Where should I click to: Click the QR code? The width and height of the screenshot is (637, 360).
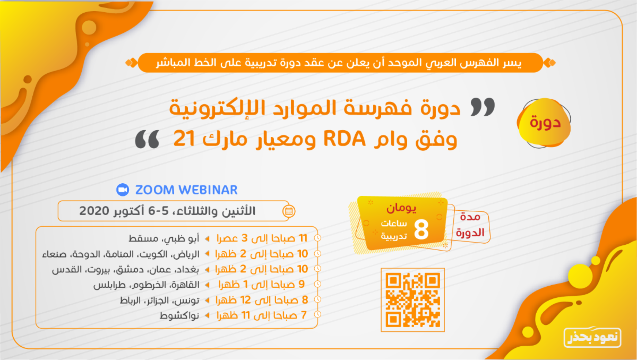pos(412,300)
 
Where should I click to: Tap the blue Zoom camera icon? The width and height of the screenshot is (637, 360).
pos(123,190)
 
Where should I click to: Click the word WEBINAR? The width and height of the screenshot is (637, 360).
pos(209,190)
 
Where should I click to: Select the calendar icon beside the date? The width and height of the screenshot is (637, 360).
pos(289,211)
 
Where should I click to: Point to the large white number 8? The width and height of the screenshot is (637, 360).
pos(421,229)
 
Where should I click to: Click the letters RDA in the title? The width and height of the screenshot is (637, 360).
pos(345,139)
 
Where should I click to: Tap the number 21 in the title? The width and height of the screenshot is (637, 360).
pos(184,139)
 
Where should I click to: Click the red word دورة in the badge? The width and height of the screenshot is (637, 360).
pos(545,123)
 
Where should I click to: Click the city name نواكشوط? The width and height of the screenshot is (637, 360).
pos(179,315)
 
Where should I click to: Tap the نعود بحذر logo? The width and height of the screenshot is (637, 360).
pos(592,337)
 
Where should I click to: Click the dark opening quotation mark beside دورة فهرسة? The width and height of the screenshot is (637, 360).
pos(483,107)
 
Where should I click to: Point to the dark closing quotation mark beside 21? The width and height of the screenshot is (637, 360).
pos(147,139)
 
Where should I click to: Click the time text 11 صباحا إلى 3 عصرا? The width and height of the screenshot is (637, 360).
pos(262,238)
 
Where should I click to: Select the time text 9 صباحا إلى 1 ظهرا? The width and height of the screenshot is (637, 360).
pos(262,284)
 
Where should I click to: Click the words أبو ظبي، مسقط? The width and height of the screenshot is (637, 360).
pos(164,238)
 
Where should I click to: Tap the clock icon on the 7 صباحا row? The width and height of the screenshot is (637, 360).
pos(317,314)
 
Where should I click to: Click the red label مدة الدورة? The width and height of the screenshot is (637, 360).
pos(470,225)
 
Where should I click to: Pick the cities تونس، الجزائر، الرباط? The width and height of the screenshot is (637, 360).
pos(160,300)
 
